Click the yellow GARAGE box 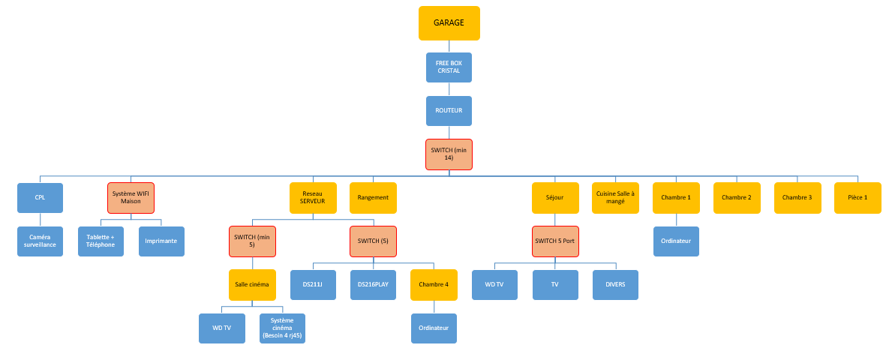[449, 22]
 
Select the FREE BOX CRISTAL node [449, 67]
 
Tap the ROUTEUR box [449, 110]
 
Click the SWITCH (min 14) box [449, 154]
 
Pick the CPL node [40, 198]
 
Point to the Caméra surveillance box [40, 241]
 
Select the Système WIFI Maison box [131, 198]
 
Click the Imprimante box [161, 241]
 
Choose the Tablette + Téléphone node [101, 241]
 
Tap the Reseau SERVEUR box [312, 198]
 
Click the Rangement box [373, 198]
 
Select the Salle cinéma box [251, 285]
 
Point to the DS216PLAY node [373, 285]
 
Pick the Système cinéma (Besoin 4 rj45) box [282, 328]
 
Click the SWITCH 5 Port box [555, 241]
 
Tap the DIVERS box [615, 285]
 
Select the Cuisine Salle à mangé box [615, 198]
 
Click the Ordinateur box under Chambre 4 [434, 328]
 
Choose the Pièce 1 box [857, 198]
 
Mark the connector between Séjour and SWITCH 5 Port [555, 220]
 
